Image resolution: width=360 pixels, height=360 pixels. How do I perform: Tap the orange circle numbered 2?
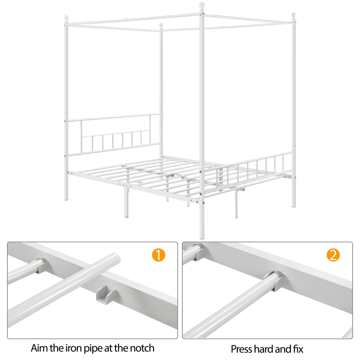[x=333, y=255]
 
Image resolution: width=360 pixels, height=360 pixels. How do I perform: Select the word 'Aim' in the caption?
[x=39, y=348]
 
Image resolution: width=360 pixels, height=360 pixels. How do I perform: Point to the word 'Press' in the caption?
[x=242, y=349]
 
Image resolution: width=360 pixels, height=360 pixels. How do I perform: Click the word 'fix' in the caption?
[x=297, y=349]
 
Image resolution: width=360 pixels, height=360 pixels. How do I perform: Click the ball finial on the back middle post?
[x=162, y=26]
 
